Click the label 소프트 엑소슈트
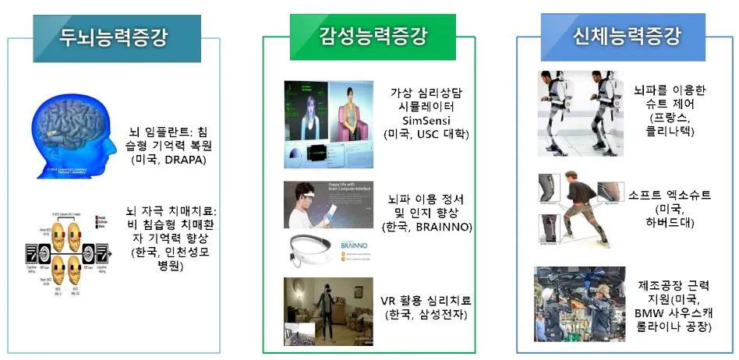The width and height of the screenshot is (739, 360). click(669, 195)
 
